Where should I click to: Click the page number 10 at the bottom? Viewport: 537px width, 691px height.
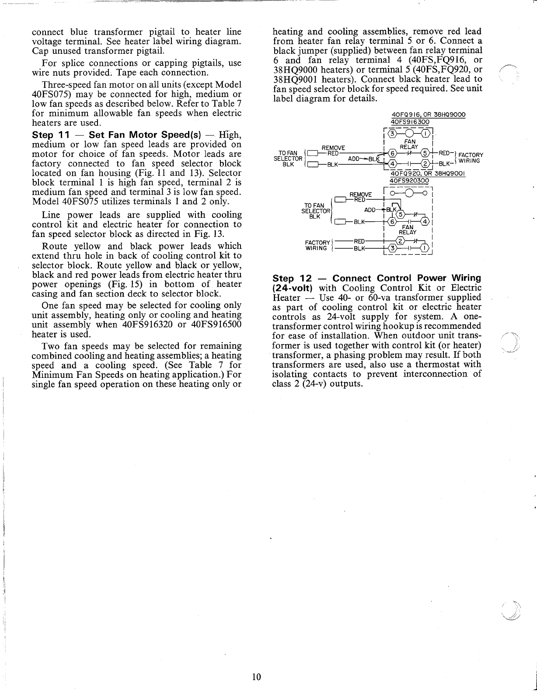pos(256,677)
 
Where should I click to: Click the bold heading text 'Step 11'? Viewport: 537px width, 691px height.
pos(49,135)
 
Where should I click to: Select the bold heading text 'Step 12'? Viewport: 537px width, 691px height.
pos(289,279)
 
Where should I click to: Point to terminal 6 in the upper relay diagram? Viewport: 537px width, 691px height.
pos(393,153)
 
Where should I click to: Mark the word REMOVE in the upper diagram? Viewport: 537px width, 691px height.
pos(333,148)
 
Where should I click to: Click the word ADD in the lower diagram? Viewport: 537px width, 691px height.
pos(370,210)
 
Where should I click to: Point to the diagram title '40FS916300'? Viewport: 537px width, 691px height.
pos(410,122)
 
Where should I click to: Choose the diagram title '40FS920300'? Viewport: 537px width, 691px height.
pos(409,180)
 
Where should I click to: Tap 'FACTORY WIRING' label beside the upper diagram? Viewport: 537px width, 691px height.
pos(470,158)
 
